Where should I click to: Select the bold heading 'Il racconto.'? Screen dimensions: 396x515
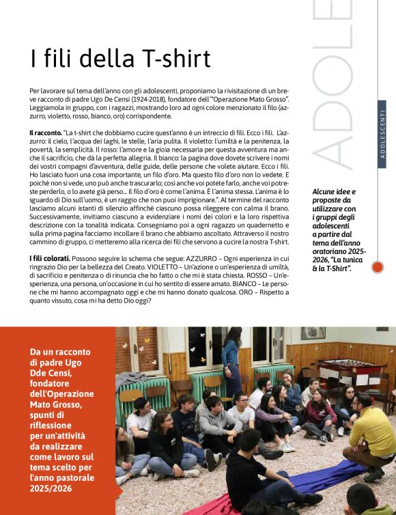click(x=46, y=132)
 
